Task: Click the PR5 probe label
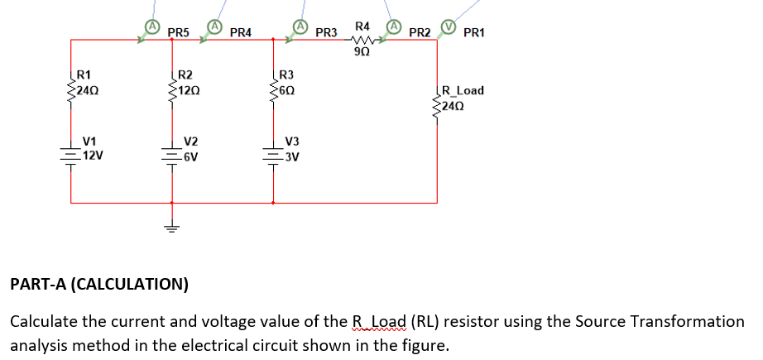[x=178, y=33]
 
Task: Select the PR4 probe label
[x=241, y=33]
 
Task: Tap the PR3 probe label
[x=326, y=33]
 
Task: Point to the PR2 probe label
[x=420, y=33]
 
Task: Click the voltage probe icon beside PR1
[x=449, y=26]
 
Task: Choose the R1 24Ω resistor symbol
[x=71, y=85]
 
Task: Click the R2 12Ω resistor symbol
[x=172, y=85]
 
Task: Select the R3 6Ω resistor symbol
[x=273, y=85]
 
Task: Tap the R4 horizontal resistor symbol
[x=363, y=39]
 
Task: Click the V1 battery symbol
[x=71, y=155]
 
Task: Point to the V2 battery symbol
[x=172, y=155]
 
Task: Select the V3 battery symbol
[x=273, y=155]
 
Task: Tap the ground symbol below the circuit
[x=172, y=226]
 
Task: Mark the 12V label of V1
[x=92, y=155]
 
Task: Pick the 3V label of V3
[x=291, y=156]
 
